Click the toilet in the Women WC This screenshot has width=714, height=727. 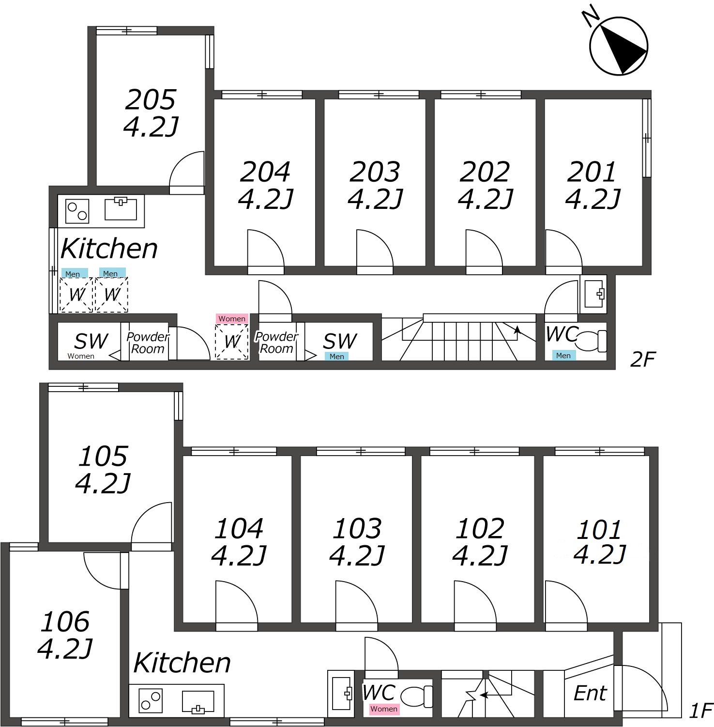tap(417, 696)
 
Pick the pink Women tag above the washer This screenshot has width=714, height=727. tap(232, 318)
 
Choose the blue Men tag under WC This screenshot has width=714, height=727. tap(563, 355)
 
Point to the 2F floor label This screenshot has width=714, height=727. tap(642, 360)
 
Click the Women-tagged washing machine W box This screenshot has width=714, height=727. tap(232, 342)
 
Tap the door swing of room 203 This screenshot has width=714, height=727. tap(374, 248)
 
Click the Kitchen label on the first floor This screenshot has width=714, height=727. tap(182, 663)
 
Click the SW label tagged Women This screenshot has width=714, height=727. tap(91, 341)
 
